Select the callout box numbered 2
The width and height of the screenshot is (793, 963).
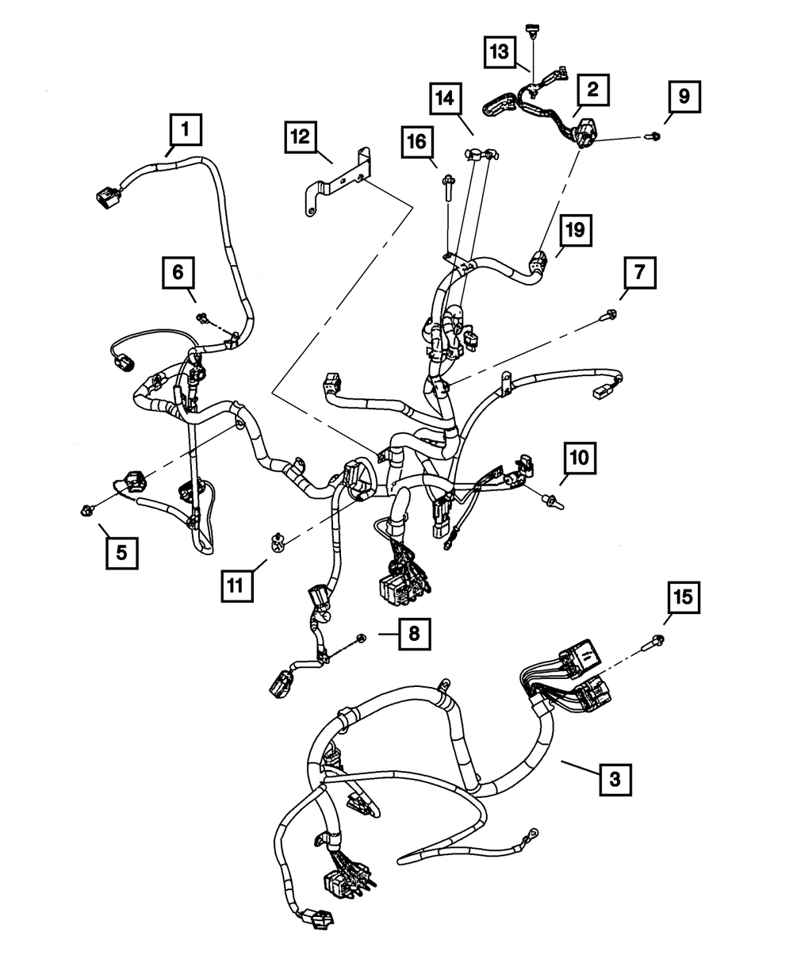pos(592,91)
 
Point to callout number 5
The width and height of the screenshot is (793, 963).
pos(121,552)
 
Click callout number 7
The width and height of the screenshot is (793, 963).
pos(639,275)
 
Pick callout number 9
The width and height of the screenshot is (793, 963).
pos(684,97)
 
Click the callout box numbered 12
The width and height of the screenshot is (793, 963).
pos(301,137)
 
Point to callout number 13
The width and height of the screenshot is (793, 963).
pos(500,53)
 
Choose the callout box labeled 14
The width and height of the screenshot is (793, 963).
pos(446,100)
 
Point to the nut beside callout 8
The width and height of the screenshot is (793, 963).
pos(362,637)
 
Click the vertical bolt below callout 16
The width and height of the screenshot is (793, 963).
pos(448,190)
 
